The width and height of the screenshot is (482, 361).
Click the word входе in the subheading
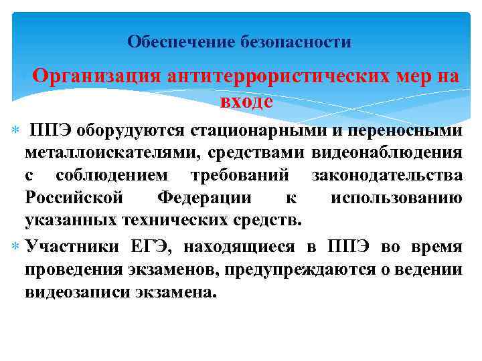pyautogui.click(x=246, y=102)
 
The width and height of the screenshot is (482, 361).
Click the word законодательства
pyautogui.click(x=386, y=176)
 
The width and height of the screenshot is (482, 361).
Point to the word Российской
pyautogui.click(x=74, y=198)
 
